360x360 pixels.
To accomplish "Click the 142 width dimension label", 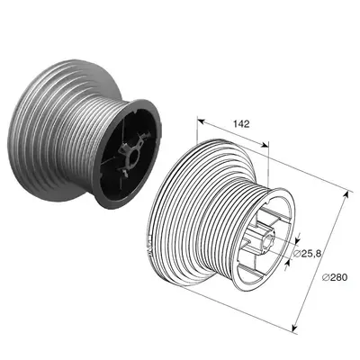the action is (x=241, y=124).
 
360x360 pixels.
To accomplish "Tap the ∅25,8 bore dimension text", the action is (x=307, y=254).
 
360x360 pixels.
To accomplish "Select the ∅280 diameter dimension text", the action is (x=335, y=277).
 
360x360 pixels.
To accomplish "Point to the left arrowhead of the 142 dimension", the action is (x=201, y=121).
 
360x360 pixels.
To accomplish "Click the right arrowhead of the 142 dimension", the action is (x=265, y=145).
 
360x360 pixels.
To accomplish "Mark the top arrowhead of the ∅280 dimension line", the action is (x=346, y=195).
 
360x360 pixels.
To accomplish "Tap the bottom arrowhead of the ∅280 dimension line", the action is (x=295, y=327).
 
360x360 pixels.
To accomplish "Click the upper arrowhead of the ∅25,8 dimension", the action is (x=298, y=240).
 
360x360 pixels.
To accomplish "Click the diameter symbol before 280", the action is (x=326, y=277).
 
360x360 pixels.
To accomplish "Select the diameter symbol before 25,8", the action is (x=296, y=254).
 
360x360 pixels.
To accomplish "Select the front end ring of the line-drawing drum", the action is (x=264, y=239).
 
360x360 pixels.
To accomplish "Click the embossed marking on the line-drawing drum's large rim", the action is (x=149, y=245).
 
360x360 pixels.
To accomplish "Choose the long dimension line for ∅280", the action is (x=320, y=261).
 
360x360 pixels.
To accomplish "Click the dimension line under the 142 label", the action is (x=233, y=133).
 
